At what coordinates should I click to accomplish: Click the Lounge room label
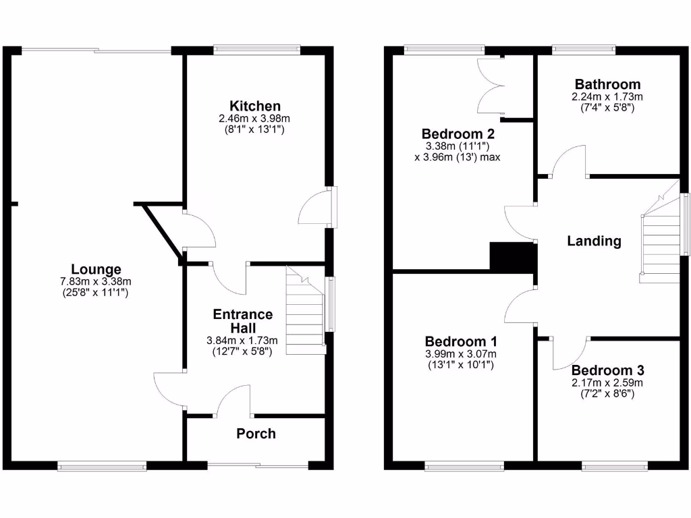pos(96,269)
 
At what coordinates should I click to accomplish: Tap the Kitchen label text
pos(255,106)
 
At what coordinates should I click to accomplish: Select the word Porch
pos(256,434)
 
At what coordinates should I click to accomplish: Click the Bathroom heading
pos(607,84)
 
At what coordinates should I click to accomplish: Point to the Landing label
pos(594,241)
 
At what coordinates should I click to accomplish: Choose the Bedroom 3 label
pos(607,370)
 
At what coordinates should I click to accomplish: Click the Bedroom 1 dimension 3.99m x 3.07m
pos(461,354)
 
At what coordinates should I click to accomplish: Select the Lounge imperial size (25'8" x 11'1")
pos(94,293)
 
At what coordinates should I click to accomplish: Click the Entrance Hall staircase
pos(305,314)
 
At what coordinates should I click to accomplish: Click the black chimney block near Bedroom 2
pos(512,256)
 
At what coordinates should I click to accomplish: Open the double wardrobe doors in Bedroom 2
pos(491,86)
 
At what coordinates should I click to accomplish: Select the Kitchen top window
pos(256,49)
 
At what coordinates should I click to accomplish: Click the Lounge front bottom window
pos(102,465)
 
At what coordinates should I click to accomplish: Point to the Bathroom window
pos(583,49)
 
